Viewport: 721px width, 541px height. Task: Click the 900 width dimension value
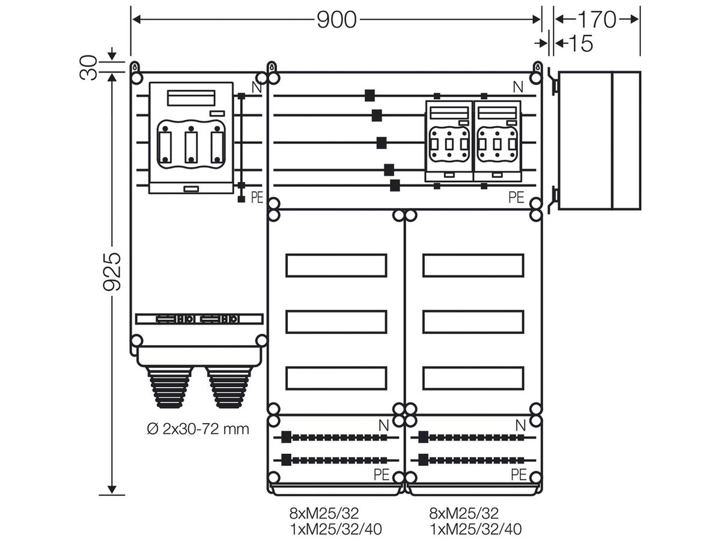click(x=336, y=20)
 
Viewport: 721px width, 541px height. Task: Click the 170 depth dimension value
click(x=597, y=20)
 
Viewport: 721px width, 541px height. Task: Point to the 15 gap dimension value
click(x=581, y=43)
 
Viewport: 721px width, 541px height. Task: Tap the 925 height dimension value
click(x=112, y=271)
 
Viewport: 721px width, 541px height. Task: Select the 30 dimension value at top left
click(x=89, y=68)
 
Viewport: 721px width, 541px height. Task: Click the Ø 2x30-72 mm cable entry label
click(x=198, y=429)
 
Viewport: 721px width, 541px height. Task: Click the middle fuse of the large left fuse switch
click(x=191, y=146)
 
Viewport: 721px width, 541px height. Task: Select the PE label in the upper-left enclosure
click(x=257, y=197)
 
